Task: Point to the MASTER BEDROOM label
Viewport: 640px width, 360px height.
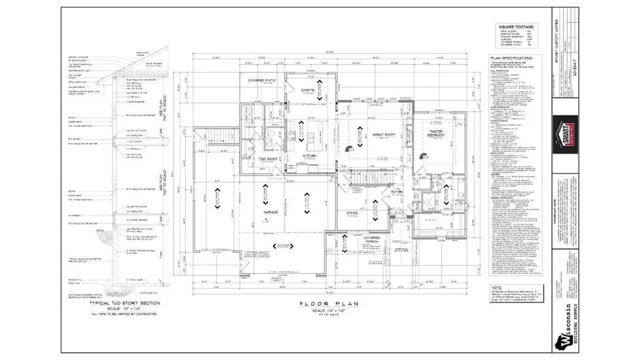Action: click(435, 133)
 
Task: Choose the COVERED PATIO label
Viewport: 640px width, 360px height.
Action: click(261, 80)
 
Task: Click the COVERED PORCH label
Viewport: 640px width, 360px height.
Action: click(371, 240)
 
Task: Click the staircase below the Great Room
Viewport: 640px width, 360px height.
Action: click(375, 176)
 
